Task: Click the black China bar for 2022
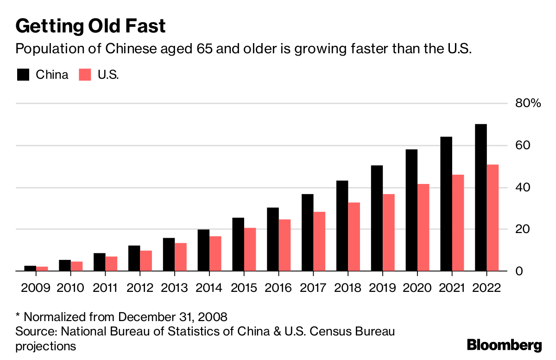[480, 198]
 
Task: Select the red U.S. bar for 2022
[493, 218]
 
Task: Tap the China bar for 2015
[238, 245]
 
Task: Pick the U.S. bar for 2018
[354, 237]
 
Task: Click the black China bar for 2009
[30, 268]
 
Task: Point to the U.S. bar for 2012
[146, 261]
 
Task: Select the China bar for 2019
[377, 218]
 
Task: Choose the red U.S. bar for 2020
[423, 227]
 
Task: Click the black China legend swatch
[23, 75]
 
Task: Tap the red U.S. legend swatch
[85, 75]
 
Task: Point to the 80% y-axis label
[528, 103]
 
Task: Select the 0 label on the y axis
[519, 271]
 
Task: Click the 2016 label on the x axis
[278, 288]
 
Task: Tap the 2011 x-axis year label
[105, 288]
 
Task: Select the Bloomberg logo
[504, 345]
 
